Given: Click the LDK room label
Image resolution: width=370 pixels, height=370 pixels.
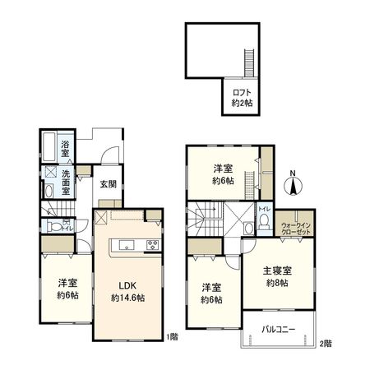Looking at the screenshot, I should (127, 286).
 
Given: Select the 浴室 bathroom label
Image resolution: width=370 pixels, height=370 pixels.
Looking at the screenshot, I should (64, 151).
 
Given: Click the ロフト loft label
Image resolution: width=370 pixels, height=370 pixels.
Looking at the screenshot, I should (241, 92).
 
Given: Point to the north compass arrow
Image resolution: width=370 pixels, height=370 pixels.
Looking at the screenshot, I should (293, 187).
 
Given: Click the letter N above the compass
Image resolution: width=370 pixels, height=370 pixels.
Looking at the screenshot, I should (293, 173).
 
